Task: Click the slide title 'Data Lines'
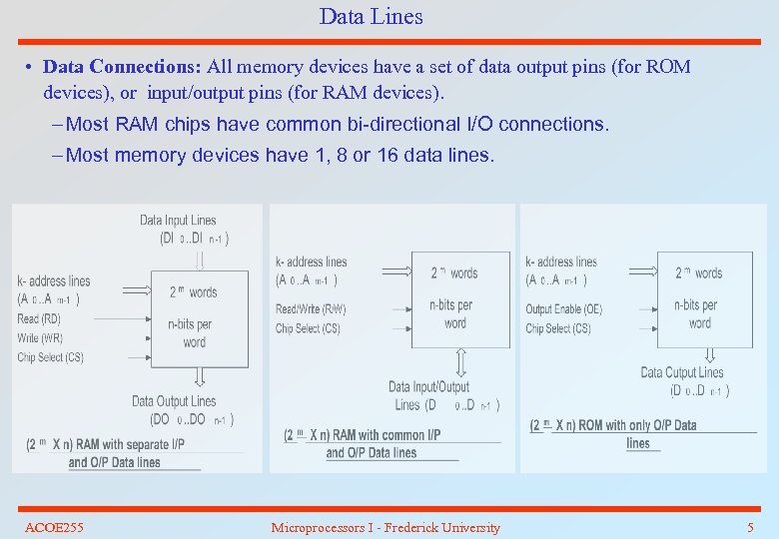tap(371, 17)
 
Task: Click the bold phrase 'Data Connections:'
tap(123, 68)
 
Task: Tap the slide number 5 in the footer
tap(750, 527)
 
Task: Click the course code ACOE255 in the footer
tap(54, 527)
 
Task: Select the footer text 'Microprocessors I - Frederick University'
tap(386, 527)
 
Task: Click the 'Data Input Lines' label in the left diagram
tap(178, 221)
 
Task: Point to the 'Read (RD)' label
tap(39, 319)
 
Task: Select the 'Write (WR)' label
tap(40, 338)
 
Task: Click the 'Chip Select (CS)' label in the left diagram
tap(50, 357)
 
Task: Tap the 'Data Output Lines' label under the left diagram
tap(174, 401)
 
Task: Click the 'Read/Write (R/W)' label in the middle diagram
tap(311, 309)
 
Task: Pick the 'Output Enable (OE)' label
tap(564, 309)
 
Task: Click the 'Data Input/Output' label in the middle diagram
tap(429, 387)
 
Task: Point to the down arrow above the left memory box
tap(199, 259)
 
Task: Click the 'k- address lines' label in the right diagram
tap(561, 262)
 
